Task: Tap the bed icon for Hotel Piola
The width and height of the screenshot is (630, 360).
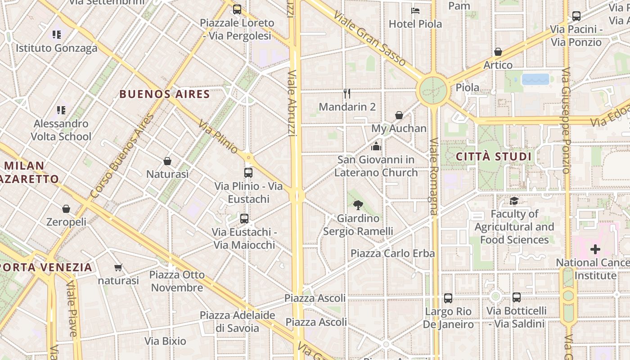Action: point(415,11)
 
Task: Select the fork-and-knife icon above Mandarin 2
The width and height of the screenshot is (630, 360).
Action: point(347,94)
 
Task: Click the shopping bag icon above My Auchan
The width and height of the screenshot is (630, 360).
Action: point(399,116)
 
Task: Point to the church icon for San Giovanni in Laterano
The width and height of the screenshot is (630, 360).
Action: point(376,146)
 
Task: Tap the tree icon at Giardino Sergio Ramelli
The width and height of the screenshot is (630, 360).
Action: point(358,205)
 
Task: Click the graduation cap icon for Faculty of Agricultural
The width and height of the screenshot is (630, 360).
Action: point(514,201)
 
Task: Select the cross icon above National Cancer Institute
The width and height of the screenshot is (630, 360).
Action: point(595,249)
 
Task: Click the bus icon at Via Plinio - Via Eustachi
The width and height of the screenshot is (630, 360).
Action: point(248,173)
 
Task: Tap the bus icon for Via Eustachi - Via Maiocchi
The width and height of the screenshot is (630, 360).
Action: point(244,219)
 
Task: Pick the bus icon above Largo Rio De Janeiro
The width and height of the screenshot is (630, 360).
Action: point(448,298)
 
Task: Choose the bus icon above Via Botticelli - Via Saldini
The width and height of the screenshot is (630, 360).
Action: point(516,297)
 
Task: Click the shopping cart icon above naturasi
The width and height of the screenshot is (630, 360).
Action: point(118,268)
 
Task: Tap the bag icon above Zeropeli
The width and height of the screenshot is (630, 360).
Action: point(66,209)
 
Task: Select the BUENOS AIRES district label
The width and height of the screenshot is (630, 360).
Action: point(165,94)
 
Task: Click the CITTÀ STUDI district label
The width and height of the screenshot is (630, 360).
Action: point(494,157)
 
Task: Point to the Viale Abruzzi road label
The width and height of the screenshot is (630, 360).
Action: point(292,103)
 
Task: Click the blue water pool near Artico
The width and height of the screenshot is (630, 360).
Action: point(535,79)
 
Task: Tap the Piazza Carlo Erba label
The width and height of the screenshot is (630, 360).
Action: point(392,253)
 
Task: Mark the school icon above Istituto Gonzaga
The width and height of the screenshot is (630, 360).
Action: point(56,35)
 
